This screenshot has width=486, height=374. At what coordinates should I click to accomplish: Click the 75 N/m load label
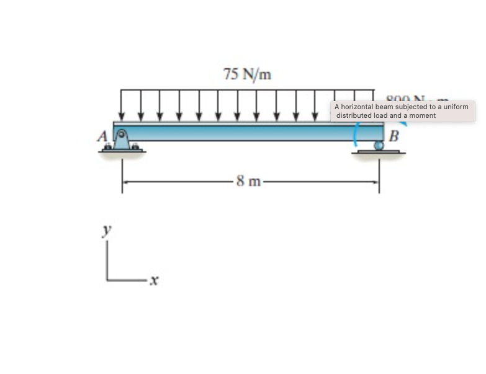[247, 75]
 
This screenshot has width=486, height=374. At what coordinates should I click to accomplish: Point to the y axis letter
[107, 229]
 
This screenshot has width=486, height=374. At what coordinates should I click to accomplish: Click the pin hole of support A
[122, 133]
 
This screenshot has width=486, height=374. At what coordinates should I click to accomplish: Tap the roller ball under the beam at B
[379, 146]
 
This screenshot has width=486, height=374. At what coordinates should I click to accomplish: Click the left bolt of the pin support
[108, 148]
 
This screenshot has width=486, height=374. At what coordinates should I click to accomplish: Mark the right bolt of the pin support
[135, 148]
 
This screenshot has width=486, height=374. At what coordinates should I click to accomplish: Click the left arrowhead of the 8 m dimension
[125, 182]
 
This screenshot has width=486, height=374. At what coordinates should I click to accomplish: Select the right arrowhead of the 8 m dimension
[376, 182]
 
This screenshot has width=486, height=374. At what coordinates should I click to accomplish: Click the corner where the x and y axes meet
[107, 280]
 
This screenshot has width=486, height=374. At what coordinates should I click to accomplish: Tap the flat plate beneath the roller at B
[379, 152]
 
